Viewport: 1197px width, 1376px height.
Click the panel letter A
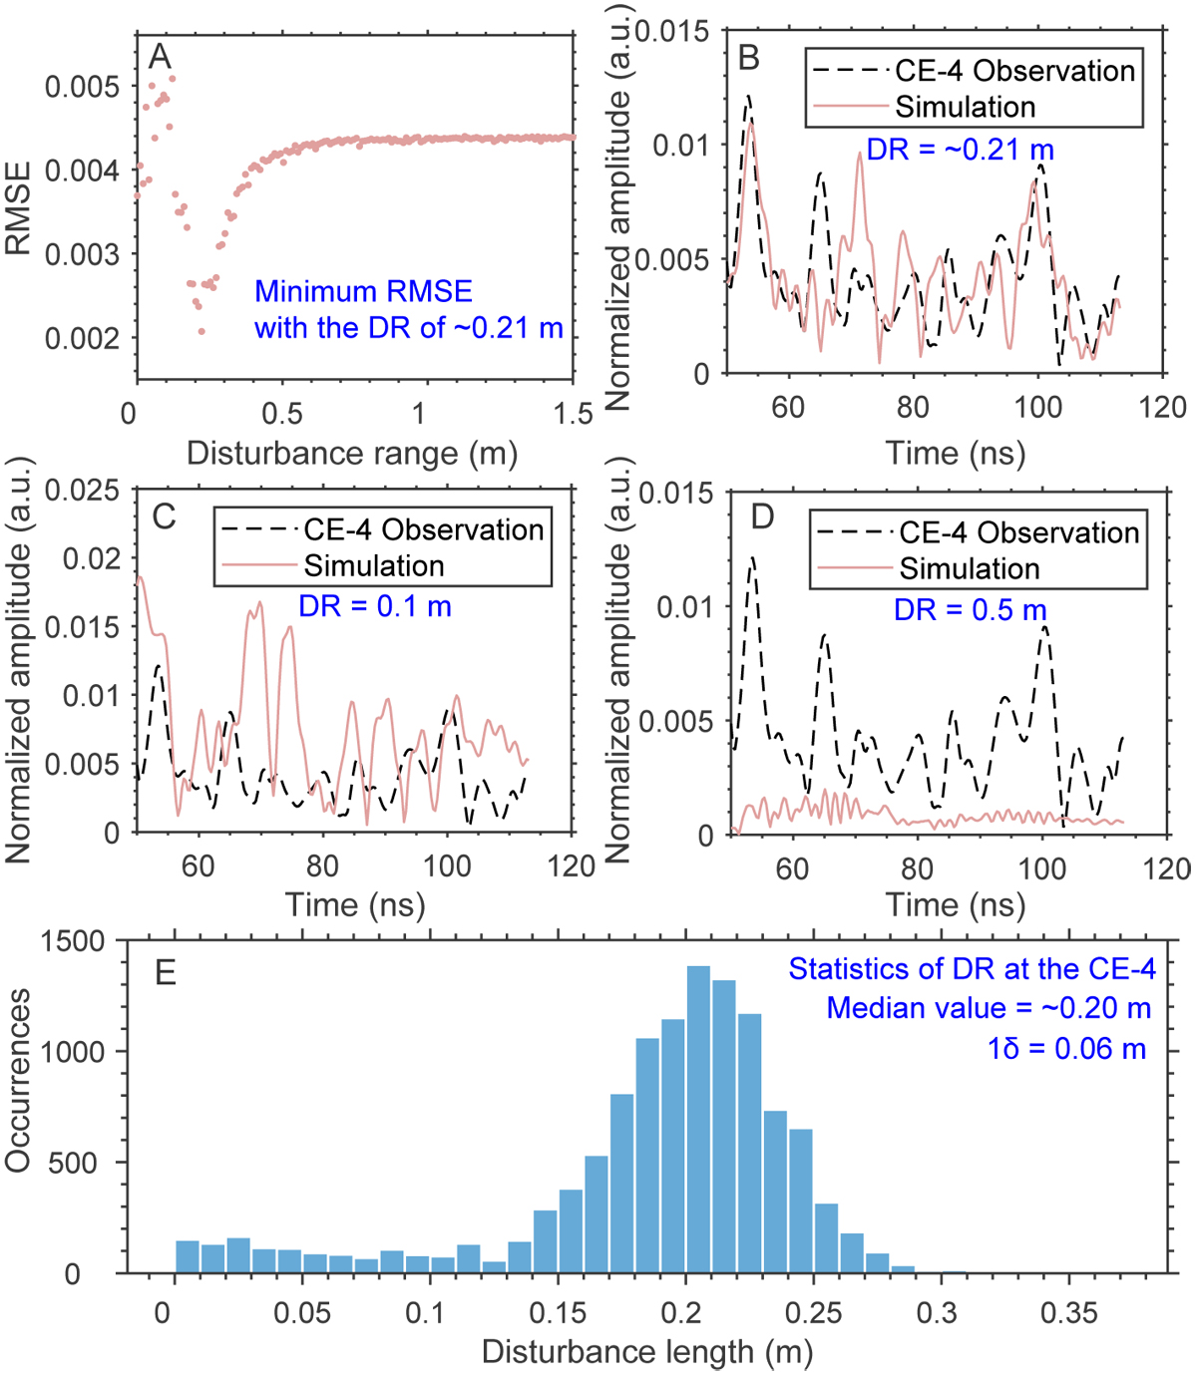tap(160, 57)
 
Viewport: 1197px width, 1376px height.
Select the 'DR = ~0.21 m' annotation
tap(960, 150)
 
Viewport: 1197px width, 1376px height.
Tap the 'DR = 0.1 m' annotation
tap(374, 605)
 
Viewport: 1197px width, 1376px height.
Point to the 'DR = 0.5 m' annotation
tap(970, 609)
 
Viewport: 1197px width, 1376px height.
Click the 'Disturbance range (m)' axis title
tap(352, 454)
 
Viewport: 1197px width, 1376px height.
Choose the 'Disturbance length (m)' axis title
tap(647, 1352)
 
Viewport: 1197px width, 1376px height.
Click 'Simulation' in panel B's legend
tap(966, 107)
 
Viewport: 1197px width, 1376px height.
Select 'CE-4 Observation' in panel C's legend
tap(424, 529)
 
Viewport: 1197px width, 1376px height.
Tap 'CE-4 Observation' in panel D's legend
tap(1018, 532)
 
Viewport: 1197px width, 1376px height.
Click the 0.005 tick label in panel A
tap(82, 87)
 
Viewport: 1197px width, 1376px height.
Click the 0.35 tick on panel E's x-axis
tap(1068, 1312)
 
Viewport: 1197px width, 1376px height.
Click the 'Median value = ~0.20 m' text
tap(989, 1008)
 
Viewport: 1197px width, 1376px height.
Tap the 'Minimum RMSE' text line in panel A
tap(363, 291)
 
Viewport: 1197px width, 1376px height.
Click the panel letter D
tap(762, 516)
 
